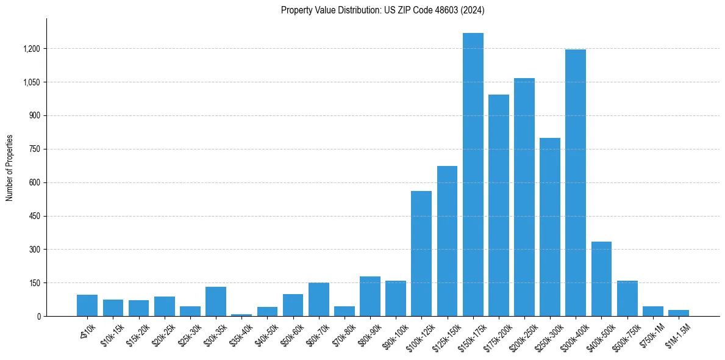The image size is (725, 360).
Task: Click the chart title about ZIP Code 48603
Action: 382,10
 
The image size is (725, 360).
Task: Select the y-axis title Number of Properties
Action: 10,168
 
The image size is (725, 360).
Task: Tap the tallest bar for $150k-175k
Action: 473,175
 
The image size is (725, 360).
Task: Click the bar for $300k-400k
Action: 575,183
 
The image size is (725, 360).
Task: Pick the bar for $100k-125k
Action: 421,254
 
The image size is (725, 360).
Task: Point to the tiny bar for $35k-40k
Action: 241,315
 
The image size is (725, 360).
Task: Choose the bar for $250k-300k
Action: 549,227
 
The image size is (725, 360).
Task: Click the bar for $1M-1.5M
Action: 678,313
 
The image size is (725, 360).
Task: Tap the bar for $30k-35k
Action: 216,301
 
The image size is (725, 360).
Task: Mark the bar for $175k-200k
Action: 498,206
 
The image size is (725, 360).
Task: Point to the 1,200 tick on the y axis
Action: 31,49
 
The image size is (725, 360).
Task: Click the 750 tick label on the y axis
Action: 34,149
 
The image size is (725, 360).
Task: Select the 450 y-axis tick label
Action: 34,216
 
